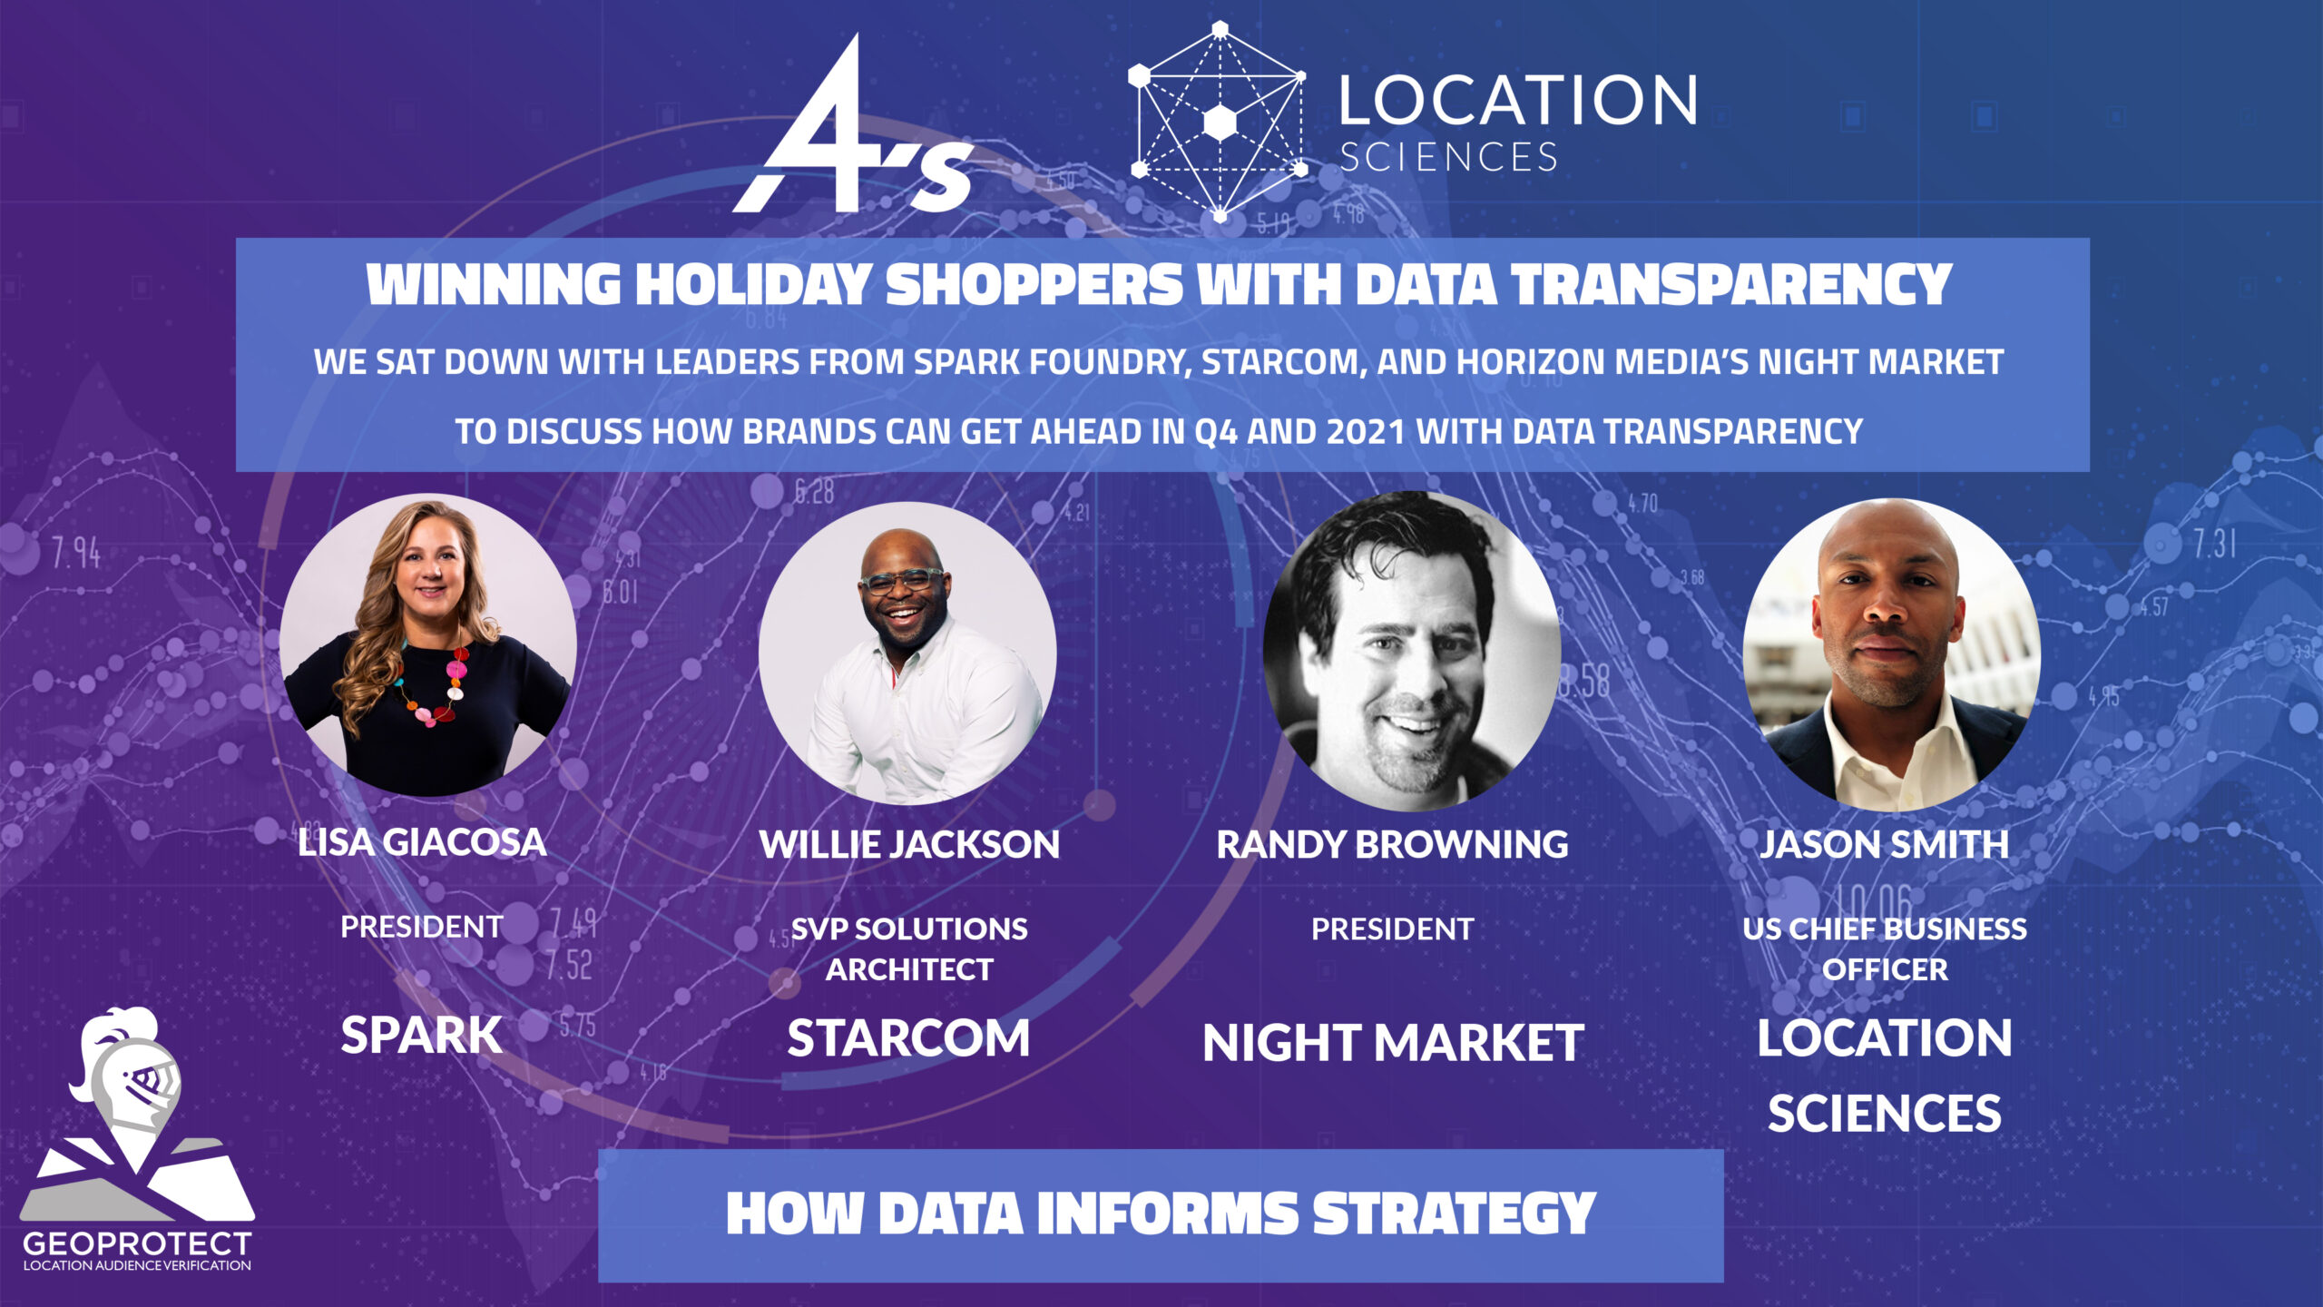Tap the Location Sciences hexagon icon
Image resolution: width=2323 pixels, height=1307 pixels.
click(1219, 121)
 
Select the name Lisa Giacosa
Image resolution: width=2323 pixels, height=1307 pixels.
click(422, 842)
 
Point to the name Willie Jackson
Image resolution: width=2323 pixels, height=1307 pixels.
click(909, 845)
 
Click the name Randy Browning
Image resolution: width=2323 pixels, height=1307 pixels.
click(1392, 845)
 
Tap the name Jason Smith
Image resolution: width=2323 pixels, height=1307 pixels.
click(1885, 845)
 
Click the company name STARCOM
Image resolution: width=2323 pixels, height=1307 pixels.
click(908, 1038)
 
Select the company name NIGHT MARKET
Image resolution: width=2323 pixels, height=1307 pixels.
click(1393, 1043)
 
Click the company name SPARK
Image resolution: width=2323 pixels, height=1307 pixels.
click(421, 1035)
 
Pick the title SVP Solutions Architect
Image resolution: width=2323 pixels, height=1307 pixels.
click(909, 949)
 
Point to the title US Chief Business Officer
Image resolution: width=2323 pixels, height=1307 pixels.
click(1885, 949)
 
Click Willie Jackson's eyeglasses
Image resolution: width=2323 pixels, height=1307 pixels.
click(902, 581)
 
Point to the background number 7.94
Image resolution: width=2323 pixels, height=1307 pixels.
click(75, 553)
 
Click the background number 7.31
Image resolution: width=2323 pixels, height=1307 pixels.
click(2214, 545)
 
